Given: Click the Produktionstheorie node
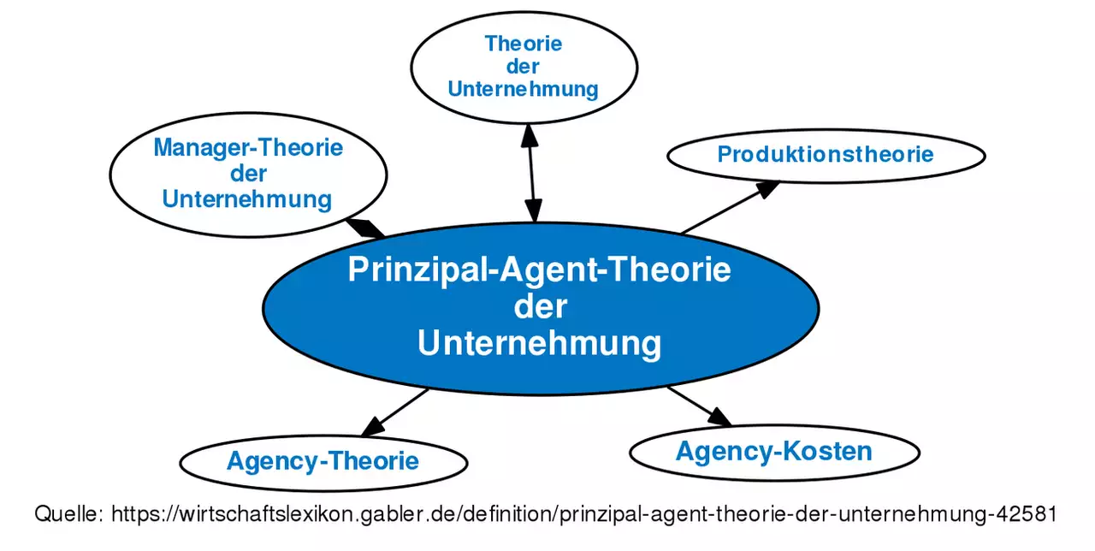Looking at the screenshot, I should coord(826,155).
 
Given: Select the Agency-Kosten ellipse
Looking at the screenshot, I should coord(773,451).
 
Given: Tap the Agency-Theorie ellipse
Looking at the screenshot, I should coord(323,462).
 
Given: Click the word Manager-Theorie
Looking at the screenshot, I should coord(248,148).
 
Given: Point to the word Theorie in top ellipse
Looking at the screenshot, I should coord(524,44).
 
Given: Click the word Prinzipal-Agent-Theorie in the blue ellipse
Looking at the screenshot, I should coord(540,270).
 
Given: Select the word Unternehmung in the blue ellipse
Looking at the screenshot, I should coord(540,343).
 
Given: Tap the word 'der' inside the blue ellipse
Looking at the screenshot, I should coord(540,306).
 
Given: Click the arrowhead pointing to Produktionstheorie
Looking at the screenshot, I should coord(767,187).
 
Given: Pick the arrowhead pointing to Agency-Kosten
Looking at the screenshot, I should coord(719,417).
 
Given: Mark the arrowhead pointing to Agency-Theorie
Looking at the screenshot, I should coord(372,425).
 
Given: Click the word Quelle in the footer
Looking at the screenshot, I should coord(68,514).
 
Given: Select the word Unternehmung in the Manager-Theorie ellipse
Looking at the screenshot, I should coord(247,199).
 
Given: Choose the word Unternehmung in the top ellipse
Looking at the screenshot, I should coord(523,89).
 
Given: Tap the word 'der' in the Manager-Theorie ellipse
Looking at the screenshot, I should coord(248,174).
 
